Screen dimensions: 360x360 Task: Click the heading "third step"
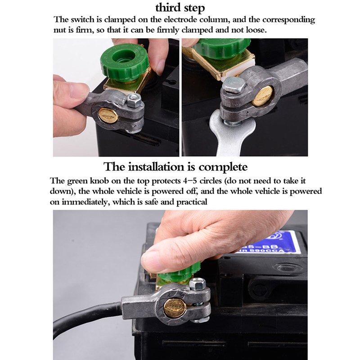coord(180,8)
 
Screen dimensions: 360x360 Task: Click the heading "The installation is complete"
coord(175,166)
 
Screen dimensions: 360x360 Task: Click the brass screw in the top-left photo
coord(108,116)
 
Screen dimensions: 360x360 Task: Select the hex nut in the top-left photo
coord(134,101)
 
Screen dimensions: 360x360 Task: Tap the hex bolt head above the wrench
coord(234,85)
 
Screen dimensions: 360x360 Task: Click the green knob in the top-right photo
coord(221,49)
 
